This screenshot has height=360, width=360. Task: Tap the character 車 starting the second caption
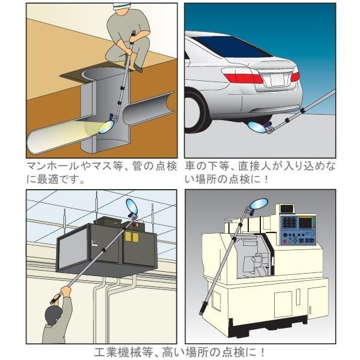[x=190, y=166]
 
